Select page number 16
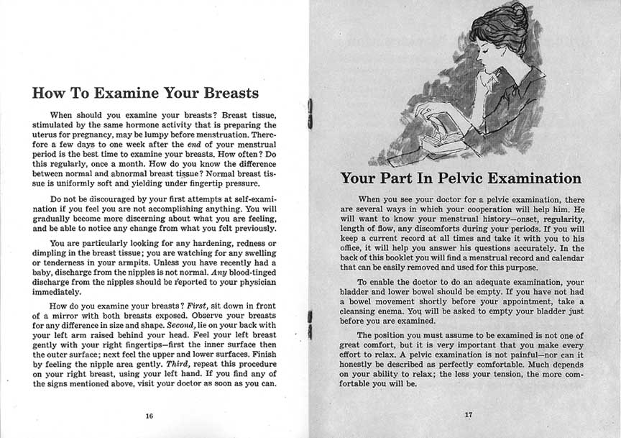click(149, 416)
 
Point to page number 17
click(468, 415)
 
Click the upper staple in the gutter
click(309, 113)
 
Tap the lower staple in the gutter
click(309, 325)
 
